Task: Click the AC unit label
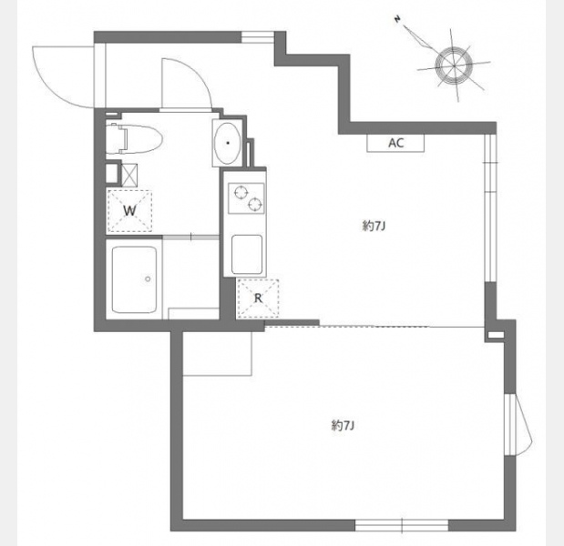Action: [x=395, y=143]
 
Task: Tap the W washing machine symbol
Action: [x=129, y=211]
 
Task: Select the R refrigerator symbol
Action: [x=258, y=298]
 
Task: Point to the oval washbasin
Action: [x=228, y=143]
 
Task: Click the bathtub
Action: [x=134, y=279]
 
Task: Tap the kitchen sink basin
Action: [x=247, y=255]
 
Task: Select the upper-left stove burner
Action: [x=241, y=192]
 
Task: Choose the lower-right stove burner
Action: [x=255, y=204]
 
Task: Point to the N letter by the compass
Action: [x=397, y=19]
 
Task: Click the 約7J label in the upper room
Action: [x=374, y=226]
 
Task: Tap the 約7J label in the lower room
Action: [x=343, y=426]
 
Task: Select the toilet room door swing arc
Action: [x=199, y=72]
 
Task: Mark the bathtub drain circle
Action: [x=148, y=279]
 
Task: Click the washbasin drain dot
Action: [x=228, y=143]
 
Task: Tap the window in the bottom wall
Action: [x=402, y=525]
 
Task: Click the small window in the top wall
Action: [x=258, y=37]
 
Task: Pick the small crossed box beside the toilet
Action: [x=129, y=175]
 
